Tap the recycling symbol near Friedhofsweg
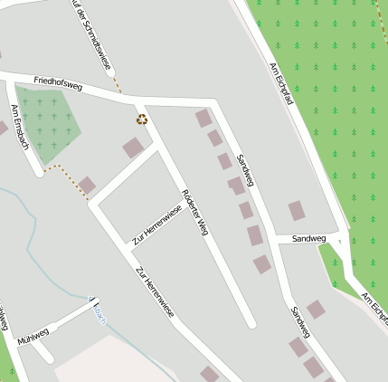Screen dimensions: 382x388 coord(142,118)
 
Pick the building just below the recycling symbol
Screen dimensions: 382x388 coord(134,147)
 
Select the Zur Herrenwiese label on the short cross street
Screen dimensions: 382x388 coord(157,225)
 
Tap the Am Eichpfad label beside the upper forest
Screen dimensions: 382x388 coord(282,84)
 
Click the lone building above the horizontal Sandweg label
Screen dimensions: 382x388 coord(297,211)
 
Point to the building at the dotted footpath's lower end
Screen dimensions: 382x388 coord(87,186)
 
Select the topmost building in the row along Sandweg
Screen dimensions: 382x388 coord(203,118)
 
